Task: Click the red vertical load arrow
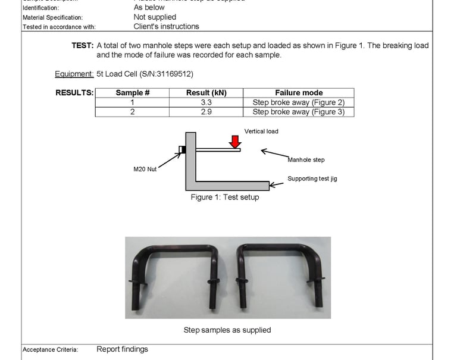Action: click(235, 142)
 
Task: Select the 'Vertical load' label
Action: click(261, 131)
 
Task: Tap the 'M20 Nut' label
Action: click(145, 169)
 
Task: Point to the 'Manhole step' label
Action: click(306, 159)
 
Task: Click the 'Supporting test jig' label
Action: click(312, 179)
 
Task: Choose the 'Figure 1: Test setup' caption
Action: click(224, 197)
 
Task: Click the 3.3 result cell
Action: click(206, 102)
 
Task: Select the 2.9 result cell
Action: click(206, 112)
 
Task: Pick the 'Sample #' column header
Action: click(132, 93)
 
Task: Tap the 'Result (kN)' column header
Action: click(206, 93)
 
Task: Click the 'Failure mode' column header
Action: click(299, 93)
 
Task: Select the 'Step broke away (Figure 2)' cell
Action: click(299, 102)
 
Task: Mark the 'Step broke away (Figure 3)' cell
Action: click(299, 112)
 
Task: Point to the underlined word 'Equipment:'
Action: click(74, 74)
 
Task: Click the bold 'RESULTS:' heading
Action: click(74, 93)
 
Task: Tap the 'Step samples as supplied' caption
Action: click(227, 330)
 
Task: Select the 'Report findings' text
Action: click(122, 349)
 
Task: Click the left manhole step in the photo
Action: click(173, 262)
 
